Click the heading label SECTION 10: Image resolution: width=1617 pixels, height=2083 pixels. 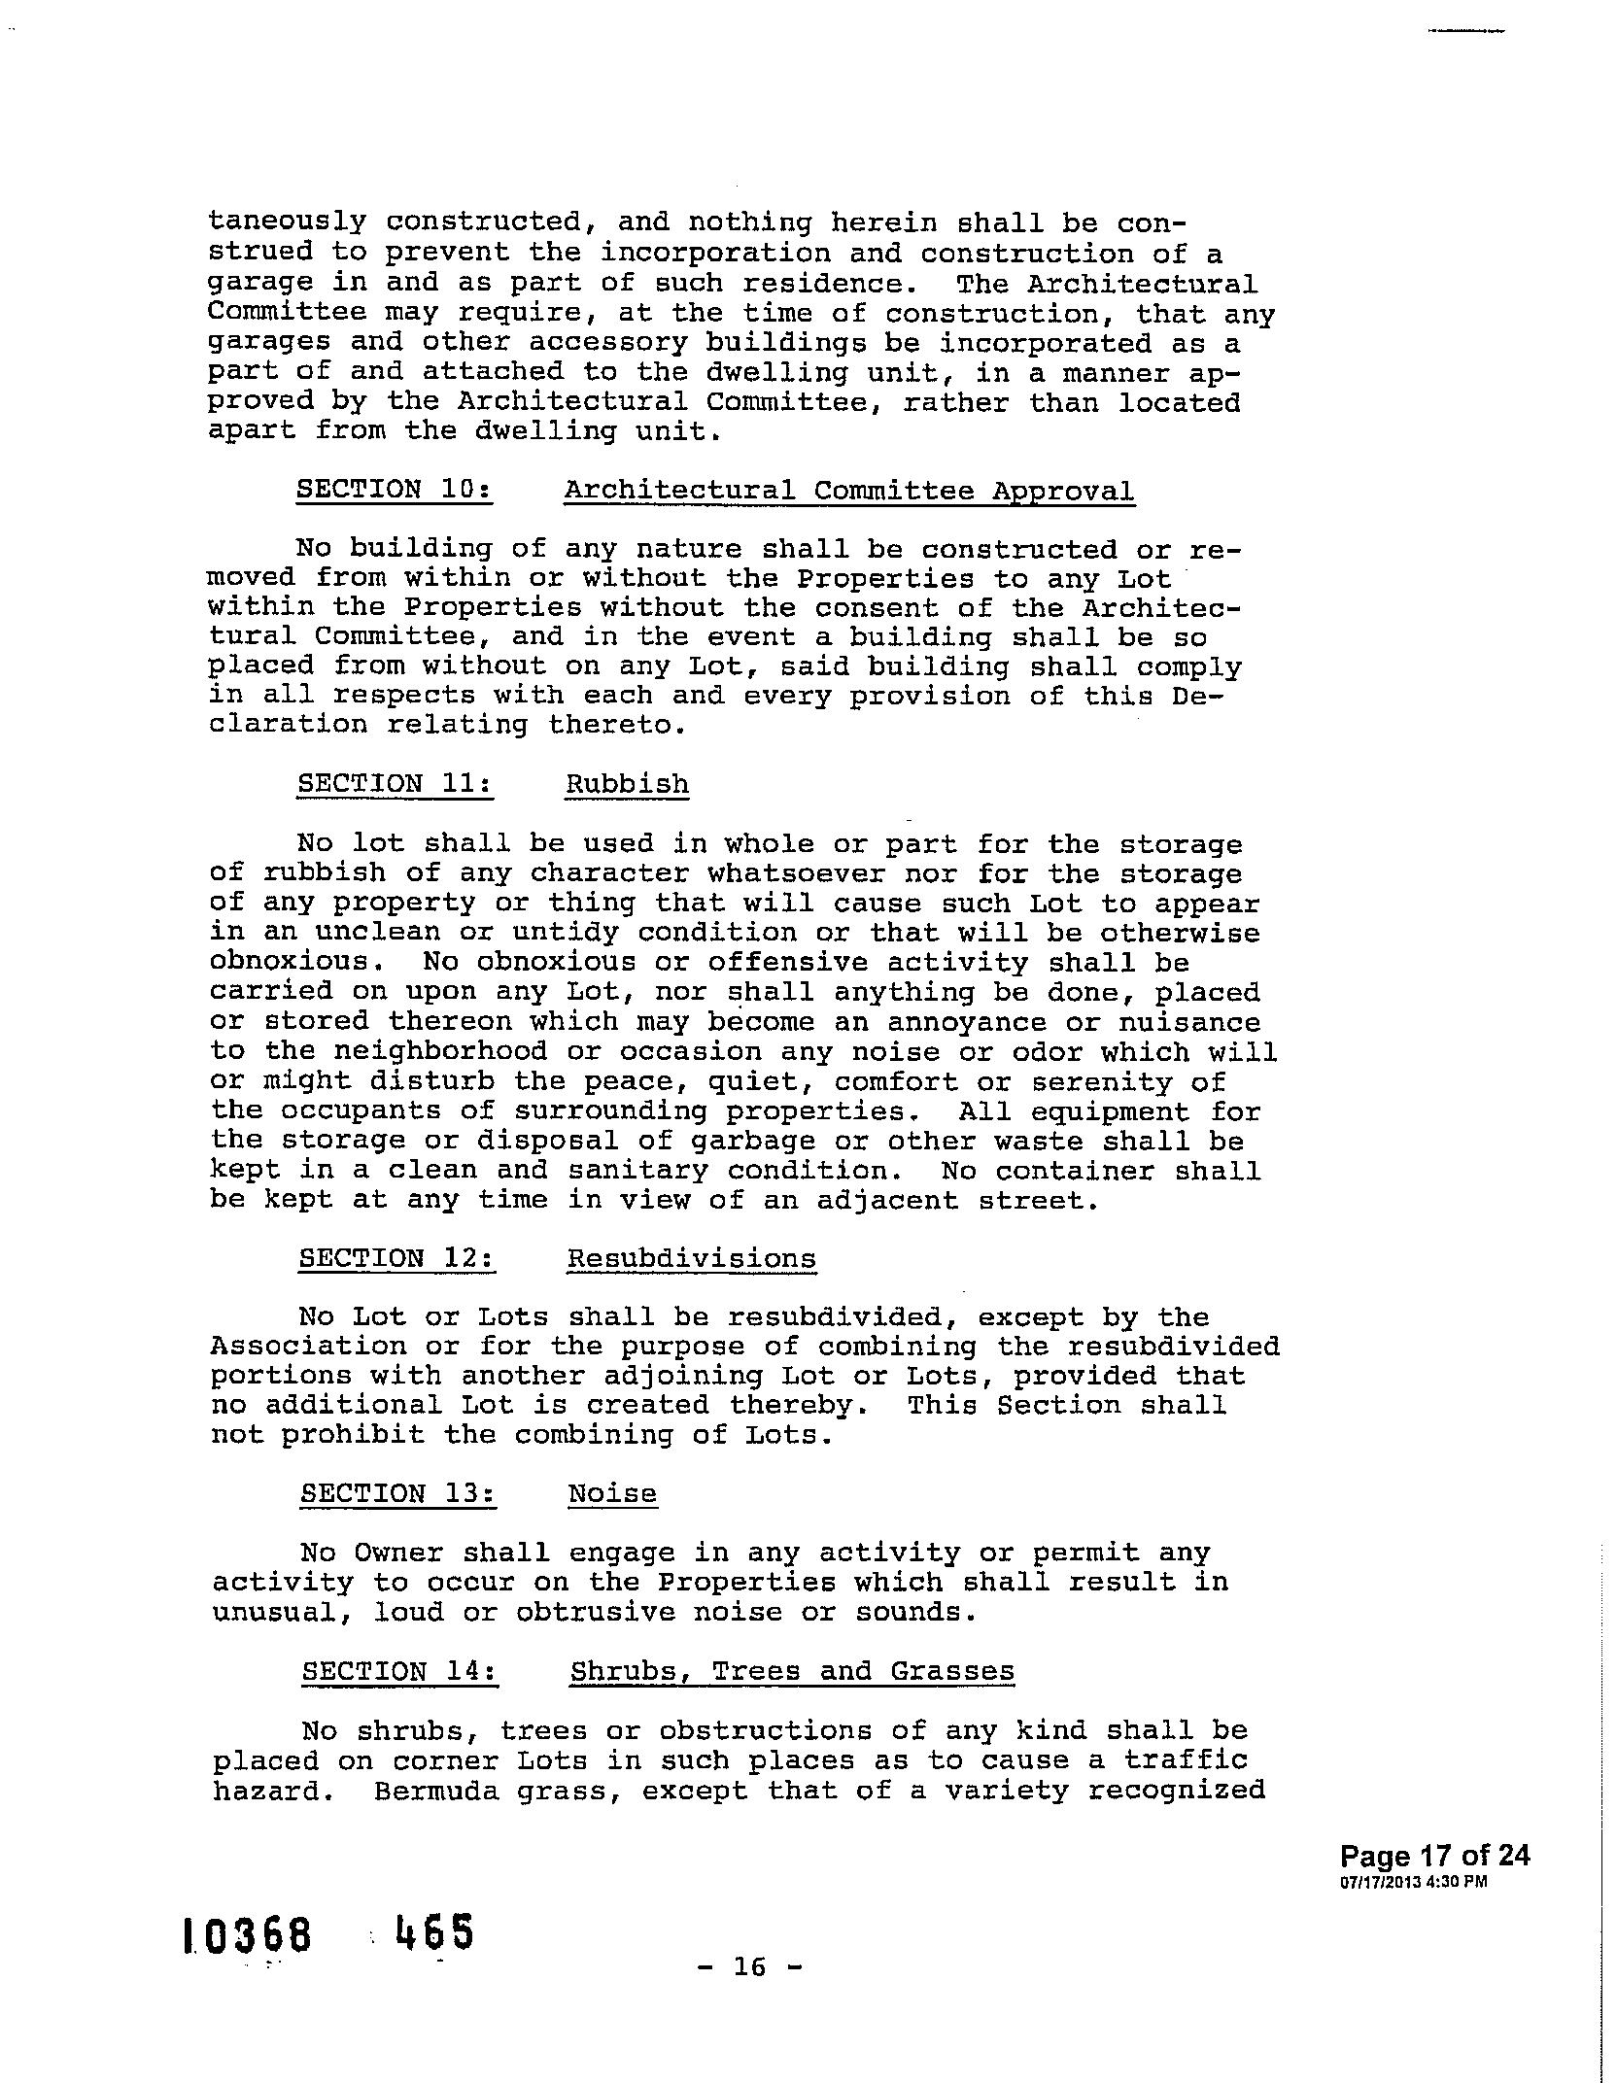(394, 489)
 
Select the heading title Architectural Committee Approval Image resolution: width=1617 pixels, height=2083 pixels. (848, 491)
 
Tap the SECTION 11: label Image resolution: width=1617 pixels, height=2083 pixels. (395, 784)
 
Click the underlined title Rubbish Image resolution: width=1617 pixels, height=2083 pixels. (627, 784)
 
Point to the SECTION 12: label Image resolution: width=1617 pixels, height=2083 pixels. (396, 1258)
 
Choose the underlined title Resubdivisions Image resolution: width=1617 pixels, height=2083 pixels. (691, 1259)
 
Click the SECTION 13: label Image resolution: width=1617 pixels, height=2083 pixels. (397, 1493)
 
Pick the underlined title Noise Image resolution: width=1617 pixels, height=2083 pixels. (612, 1493)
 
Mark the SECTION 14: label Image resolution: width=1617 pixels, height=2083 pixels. (399, 1671)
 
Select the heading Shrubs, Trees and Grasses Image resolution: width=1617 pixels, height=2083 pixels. (792, 1671)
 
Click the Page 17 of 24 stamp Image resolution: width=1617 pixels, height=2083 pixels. (1434, 1856)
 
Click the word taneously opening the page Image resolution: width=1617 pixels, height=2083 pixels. (288, 222)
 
